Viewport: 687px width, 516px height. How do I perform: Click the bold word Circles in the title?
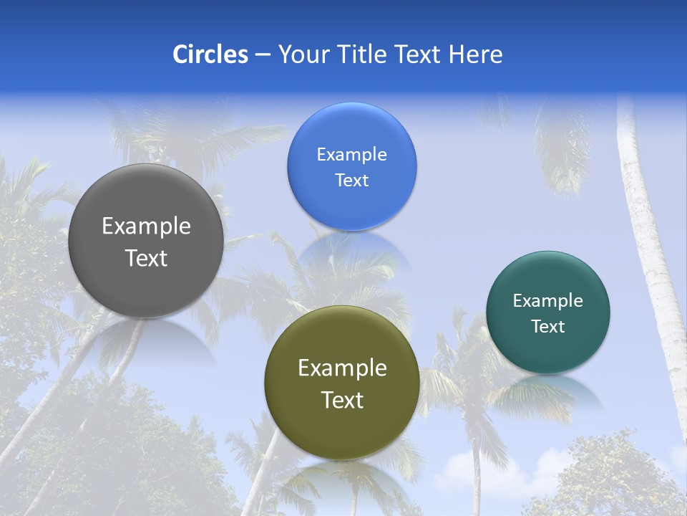[210, 54]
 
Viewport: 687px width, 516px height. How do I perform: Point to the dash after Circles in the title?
[263, 55]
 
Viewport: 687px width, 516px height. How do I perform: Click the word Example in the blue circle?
[351, 155]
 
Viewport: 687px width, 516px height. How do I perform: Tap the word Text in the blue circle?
[351, 181]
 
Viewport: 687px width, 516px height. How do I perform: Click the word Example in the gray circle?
[146, 226]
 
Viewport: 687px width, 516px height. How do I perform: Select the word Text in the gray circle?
[146, 258]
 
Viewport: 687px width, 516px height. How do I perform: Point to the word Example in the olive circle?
[342, 368]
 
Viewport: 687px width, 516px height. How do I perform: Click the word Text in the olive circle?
[342, 400]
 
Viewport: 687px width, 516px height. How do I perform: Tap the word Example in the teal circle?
[547, 301]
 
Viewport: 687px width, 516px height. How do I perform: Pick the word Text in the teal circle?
[547, 327]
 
